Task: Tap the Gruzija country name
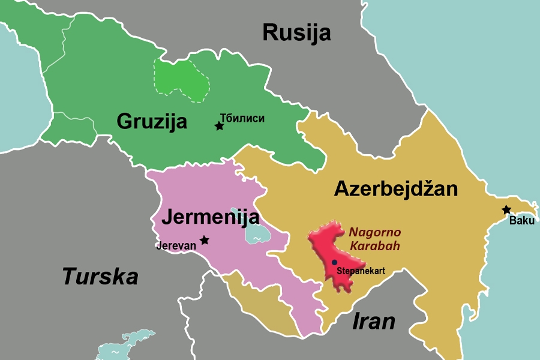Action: [152, 121]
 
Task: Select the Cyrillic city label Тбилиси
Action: [242, 119]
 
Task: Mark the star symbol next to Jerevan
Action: [205, 240]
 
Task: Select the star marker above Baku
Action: [506, 210]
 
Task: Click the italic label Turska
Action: [100, 277]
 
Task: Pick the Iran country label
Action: [373, 321]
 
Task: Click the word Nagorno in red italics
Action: [375, 232]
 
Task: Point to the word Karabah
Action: [375, 246]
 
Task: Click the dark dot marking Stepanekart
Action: [334, 262]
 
